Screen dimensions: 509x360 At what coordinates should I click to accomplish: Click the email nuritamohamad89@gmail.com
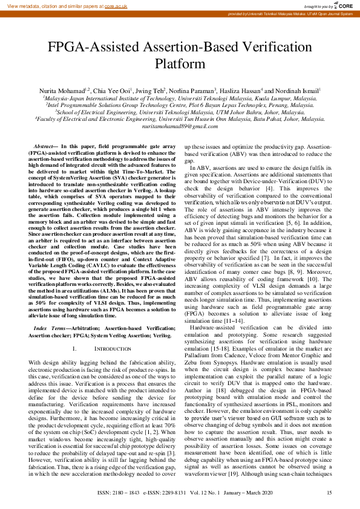point(180,126)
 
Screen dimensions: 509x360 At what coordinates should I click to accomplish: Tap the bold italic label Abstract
point(44,148)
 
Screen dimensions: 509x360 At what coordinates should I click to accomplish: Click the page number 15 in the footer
point(329,493)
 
